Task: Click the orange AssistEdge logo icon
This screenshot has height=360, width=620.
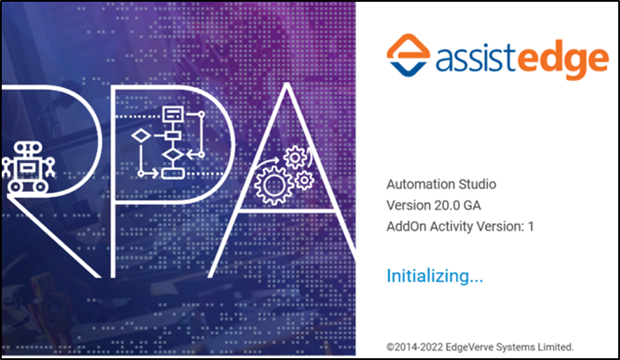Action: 408,55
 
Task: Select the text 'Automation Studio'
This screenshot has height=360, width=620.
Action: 441,185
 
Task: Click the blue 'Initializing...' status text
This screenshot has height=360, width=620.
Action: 435,276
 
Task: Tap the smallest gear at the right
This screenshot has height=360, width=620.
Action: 305,180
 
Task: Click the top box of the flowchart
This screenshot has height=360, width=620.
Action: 173,113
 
